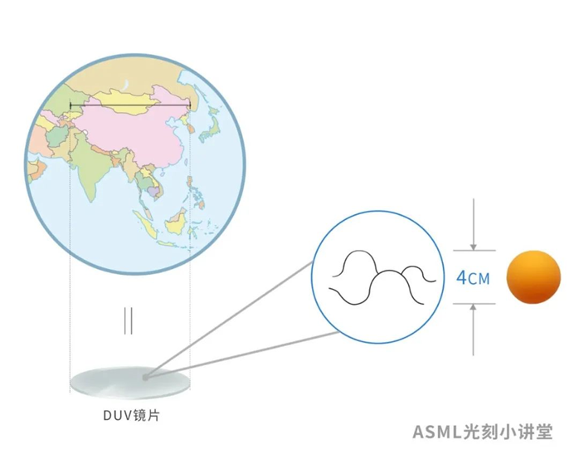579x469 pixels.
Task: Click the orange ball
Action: [533, 276]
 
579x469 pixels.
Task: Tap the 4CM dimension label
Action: [473, 278]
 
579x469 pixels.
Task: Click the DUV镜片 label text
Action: [131, 416]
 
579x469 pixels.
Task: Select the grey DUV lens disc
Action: [130, 383]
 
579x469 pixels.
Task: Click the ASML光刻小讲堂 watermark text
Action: [482, 432]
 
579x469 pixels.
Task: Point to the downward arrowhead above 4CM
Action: [473, 247]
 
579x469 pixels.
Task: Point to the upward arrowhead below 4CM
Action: [473, 307]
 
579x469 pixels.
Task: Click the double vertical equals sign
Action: [128, 320]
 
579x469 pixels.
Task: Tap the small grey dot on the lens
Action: [145, 378]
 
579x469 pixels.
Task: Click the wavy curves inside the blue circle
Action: [382, 277]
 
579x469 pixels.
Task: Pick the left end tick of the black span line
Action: [71, 106]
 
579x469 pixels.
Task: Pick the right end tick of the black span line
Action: [190, 106]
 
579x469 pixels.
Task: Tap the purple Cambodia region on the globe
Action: [153, 191]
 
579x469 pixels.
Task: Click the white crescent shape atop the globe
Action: [126, 85]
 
